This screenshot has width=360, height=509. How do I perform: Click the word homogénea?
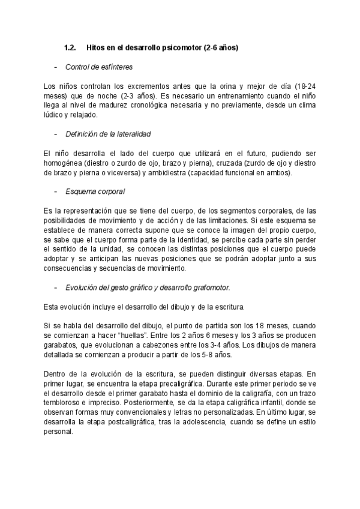click(x=63, y=163)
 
